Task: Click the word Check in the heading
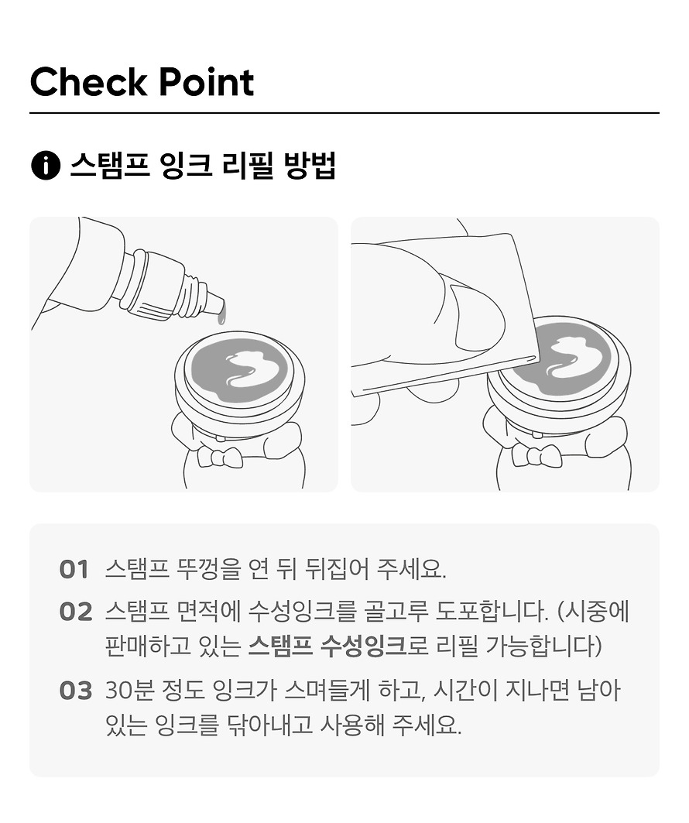coord(89,82)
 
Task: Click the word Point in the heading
coord(206,82)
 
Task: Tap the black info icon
coord(45,166)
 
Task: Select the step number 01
coord(74,570)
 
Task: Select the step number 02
coord(76,612)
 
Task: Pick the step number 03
coord(76,691)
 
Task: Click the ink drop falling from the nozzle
coord(223,313)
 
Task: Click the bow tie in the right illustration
coord(536,455)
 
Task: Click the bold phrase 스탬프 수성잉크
coord(327,646)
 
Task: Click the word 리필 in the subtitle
coord(248,166)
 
